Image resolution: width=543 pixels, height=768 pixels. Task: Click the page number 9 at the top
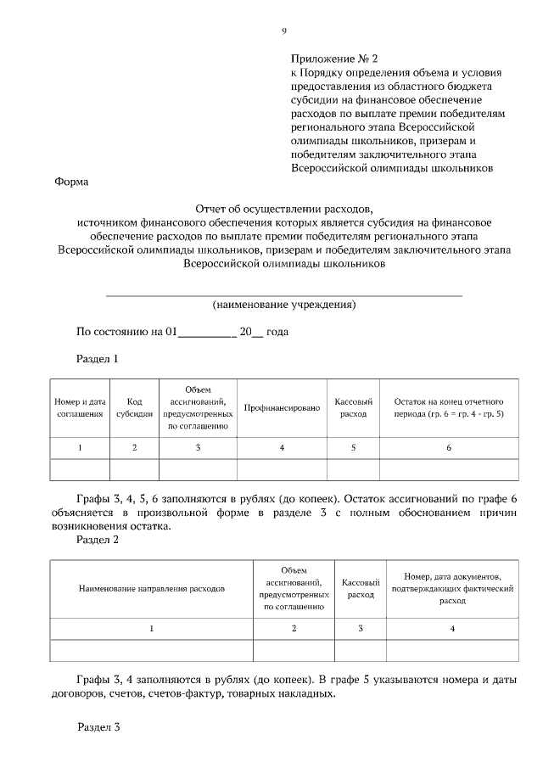[x=284, y=31]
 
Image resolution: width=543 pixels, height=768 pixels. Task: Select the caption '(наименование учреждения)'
[x=283, y=304]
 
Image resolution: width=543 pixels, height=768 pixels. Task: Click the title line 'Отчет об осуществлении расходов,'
[x=283, y=208]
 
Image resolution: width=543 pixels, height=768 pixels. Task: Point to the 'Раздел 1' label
[x=98, y=359]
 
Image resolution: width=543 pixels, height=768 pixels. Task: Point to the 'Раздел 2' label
[x=98, y=539]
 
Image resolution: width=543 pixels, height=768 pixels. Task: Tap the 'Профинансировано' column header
[x=282, y=408]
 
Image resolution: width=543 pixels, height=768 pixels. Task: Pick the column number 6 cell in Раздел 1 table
[x=449, y=447]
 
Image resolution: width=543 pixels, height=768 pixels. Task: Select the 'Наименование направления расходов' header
[x=152, y=587]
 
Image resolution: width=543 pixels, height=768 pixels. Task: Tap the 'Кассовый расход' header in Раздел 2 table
[x=361, y=588]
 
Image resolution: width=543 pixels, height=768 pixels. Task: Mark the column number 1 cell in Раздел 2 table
[x=152, y=628]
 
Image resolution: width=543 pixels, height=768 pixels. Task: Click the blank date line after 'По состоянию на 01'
[x=206, y=333]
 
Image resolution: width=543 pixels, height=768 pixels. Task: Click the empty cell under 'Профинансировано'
[x=282, y=469]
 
